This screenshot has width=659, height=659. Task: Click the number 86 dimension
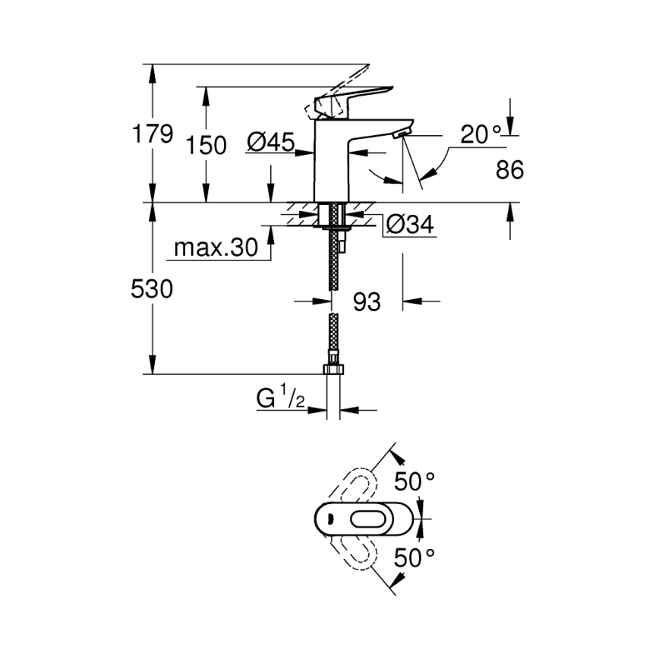(509, 170)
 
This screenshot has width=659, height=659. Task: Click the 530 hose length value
(153, 289)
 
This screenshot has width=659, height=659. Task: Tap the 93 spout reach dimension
(367, 301)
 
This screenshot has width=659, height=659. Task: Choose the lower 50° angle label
(415, 558)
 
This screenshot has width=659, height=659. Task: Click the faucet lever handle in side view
(357, 96)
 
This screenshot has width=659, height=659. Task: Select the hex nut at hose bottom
(333, 370)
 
